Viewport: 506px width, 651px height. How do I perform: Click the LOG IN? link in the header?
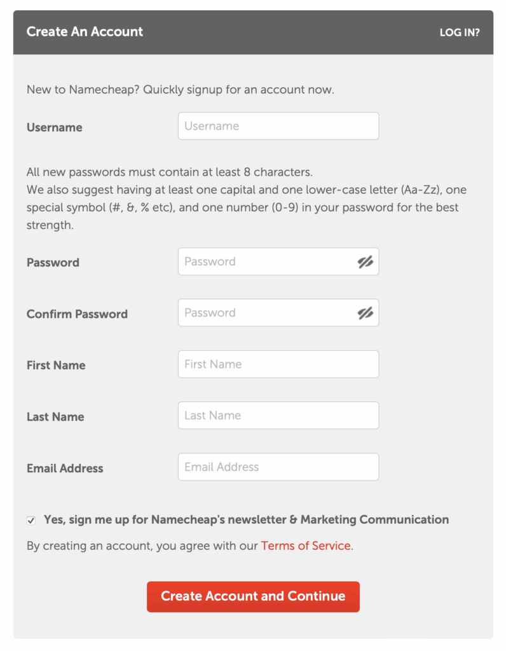pyautogui.click(x=459, y=32)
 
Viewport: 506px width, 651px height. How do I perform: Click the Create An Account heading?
pyautogui.click(x=85, y=32)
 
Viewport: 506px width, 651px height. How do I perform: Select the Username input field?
pyautogui.click(x=278, y=126)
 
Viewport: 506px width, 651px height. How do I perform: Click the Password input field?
pyautogui.click(x=267, y=261)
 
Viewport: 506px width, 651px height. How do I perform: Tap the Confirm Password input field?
pyautogui.click(x=267, y=313)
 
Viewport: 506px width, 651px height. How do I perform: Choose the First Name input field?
pyautogui.click(x=278, y=364)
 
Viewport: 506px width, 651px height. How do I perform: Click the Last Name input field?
pyautogui.click(x=278, y=415)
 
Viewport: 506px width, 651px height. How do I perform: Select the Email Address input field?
pyautogui.click(x=278, y=467)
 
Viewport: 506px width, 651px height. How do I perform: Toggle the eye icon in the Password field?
pyautogui.click(x=365, y=261)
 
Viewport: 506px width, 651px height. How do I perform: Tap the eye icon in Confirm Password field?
pyautogui.click(x=365, y=313)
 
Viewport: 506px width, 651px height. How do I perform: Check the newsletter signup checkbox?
pyautogui.click(x=31, y=520)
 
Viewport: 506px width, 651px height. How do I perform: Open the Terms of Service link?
pyautogui.click(x=306, y=545)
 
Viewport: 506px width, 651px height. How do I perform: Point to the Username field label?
pyautogui.click(x=54, y=127)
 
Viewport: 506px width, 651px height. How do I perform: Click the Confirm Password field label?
pyautogui.click(x=77, y=314)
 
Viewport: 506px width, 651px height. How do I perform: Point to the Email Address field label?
pyautogui.click(x=65, y=469)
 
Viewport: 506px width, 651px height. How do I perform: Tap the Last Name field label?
pyautogui.click(x=55, y=417)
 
